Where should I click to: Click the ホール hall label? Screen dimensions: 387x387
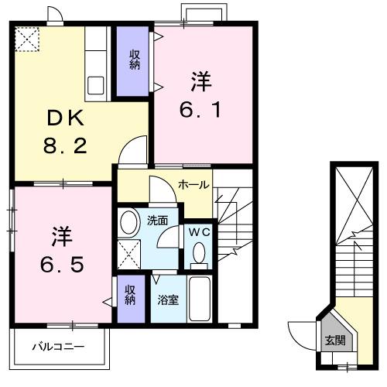(x=192, y=184)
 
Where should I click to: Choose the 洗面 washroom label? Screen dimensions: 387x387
(x=159, y=220)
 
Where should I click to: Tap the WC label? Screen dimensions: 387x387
(x=197, y=230)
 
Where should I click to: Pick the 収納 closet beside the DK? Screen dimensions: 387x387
(x=133, y=60)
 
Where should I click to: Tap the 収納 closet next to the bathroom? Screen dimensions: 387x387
(x=130, y=295)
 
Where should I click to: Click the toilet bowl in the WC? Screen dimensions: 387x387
(x=198, y=252)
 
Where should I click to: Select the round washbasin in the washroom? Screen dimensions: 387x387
(x=129, y=221)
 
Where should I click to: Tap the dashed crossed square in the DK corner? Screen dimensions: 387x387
(x=29, y=38)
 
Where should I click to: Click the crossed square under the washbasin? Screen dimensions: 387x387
(x=129, y=252)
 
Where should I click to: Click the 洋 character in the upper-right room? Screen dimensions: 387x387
(x=200, y=80)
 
